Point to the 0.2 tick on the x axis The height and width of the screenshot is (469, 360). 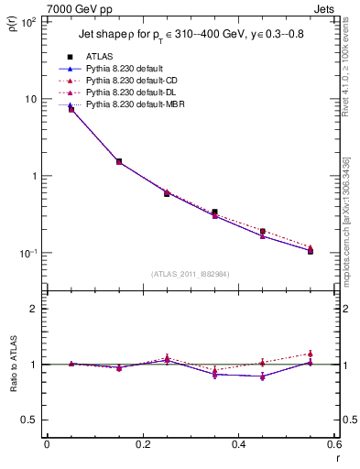point(142,445)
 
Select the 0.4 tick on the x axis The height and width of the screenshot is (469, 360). point(238,445)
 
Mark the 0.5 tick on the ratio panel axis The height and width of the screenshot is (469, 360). point(33,420)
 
